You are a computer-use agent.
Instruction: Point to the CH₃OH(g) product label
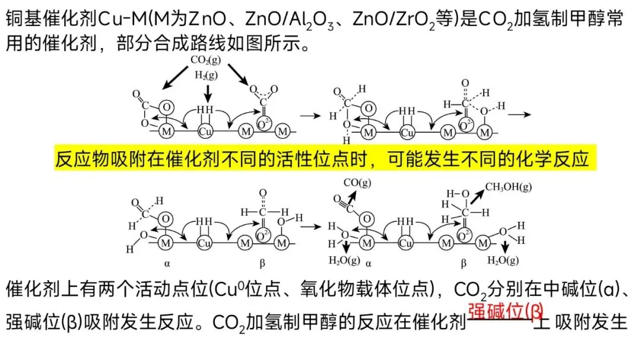click(x=509, y=187)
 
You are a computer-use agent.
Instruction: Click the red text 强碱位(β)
click(x=506, y=310)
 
